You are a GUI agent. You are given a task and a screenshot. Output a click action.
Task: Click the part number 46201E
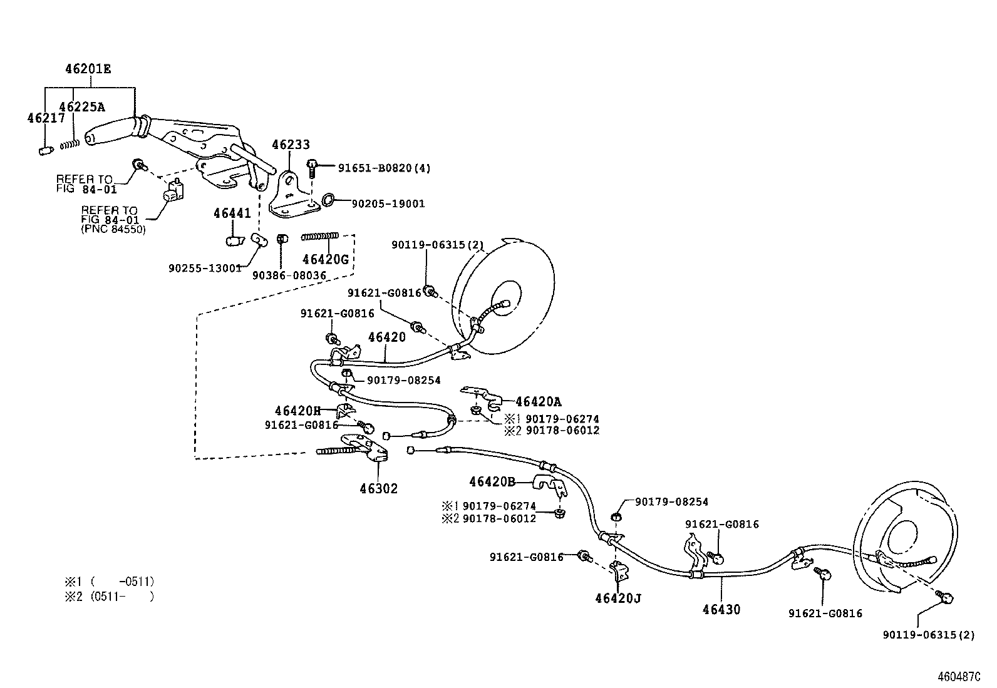[88, 69]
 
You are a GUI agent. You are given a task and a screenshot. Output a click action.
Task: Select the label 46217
[46, 118]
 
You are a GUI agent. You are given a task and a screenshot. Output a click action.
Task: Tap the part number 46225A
[82, 107]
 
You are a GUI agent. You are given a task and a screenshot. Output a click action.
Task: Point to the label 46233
[290, 145]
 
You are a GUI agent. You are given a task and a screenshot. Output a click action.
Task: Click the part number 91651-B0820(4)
[384, 168]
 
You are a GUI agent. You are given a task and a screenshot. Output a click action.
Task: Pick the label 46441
[232, 213]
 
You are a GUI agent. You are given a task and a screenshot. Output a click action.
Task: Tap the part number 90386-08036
[289, 275]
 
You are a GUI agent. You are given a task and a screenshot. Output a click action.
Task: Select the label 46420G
[325, 259]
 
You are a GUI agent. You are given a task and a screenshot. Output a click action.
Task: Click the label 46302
[378, 488]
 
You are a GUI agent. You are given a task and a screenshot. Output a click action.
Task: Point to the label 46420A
[539, 402]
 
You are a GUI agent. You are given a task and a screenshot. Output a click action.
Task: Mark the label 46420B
[492, 481]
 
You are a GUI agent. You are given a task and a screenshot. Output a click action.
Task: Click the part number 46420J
[618, 598]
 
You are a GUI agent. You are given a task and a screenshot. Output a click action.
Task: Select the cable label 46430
[721, 609]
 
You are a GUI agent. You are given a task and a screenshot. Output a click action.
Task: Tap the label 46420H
[297, 411]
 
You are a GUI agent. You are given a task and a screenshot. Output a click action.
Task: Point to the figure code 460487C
[958, 676]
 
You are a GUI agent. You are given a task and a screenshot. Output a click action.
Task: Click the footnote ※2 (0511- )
[110, 597]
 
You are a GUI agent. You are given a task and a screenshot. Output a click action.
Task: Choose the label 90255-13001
[205, 268]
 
